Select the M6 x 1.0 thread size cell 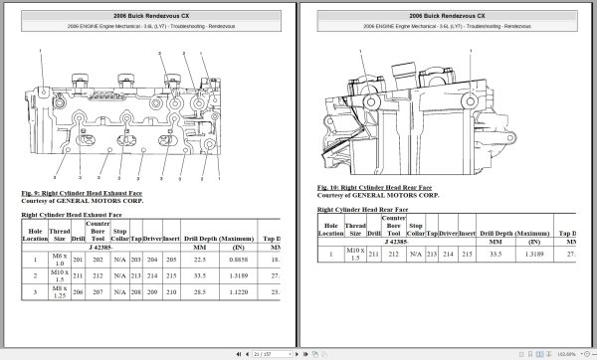59,258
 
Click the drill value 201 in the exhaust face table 78,258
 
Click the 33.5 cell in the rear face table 495,255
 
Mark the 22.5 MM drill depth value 199,258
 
